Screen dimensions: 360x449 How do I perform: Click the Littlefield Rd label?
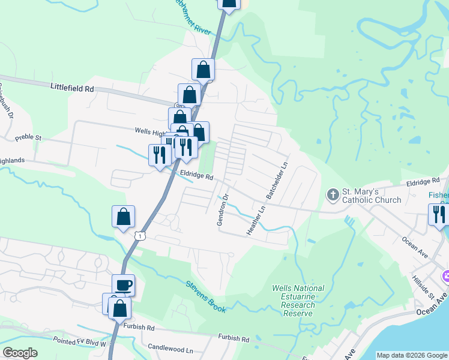73,88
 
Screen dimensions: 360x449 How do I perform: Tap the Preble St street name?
29,137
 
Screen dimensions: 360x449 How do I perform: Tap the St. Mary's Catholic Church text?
372,196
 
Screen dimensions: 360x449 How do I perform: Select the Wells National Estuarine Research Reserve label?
298,301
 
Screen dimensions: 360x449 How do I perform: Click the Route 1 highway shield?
140,236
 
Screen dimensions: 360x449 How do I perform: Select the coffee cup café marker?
124,285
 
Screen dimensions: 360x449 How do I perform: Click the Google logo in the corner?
20,353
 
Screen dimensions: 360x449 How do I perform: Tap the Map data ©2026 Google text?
412,355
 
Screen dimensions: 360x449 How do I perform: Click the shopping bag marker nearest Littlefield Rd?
189,95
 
